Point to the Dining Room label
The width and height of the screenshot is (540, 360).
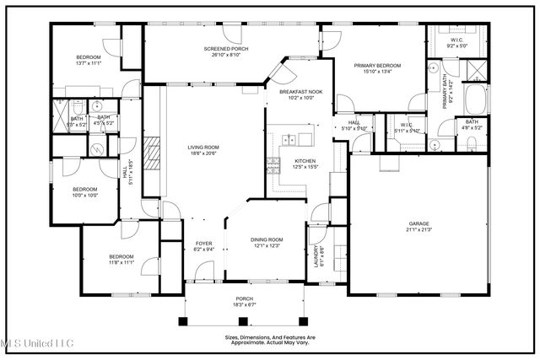click(267, 239)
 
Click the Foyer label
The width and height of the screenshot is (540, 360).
click(204, 243)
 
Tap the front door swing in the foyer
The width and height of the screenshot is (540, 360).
click(200, 271)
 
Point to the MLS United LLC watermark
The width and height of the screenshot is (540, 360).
click(37, 342)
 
